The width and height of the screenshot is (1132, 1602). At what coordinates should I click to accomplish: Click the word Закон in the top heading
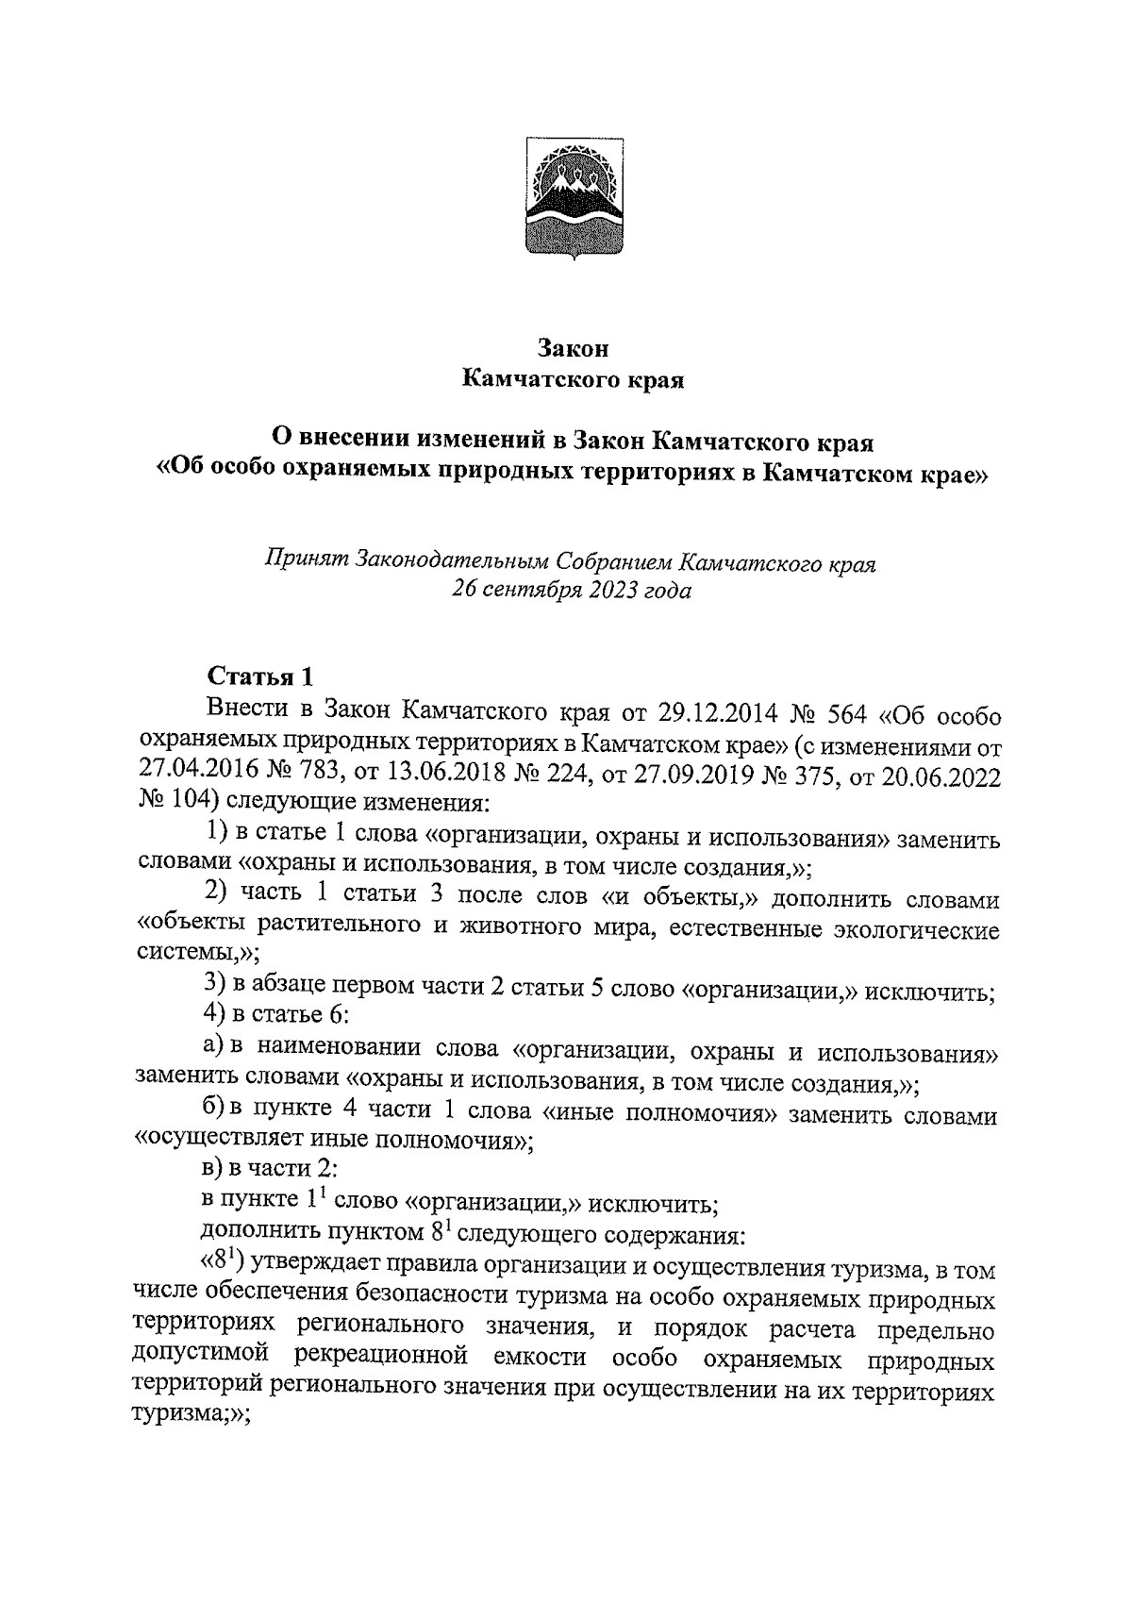click(574, 348)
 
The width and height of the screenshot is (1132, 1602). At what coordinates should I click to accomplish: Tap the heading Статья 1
click(258, 676)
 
